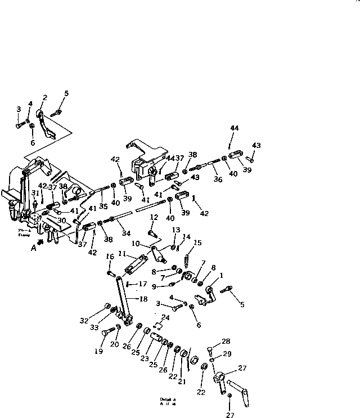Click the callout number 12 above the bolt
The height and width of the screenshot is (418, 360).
[x=153, y=217]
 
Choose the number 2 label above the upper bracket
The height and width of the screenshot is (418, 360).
[x=44, y=98]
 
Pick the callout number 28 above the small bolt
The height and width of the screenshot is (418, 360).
[x=226, y=341]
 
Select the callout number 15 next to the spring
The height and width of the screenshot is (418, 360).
[x=197, y=242]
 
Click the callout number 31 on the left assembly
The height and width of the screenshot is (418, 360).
[x=35, y=193]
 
